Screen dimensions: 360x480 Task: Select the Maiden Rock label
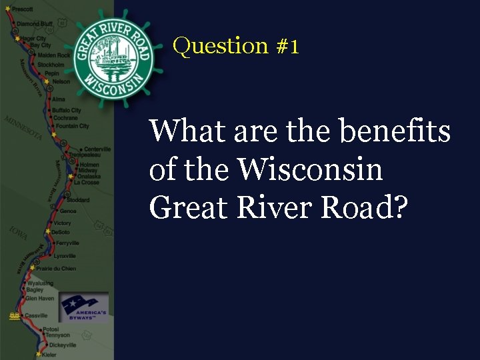tap(54, 55)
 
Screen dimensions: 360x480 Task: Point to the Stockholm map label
tap(51, 65)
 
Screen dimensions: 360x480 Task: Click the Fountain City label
tap(72, 126)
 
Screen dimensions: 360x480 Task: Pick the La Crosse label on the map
tap(86, 182)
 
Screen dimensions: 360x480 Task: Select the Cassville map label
tap(36, 315)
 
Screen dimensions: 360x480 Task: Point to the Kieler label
tap(49, 355)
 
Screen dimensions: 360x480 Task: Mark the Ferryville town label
tap(67, 243)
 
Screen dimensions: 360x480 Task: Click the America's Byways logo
tap(83, 307)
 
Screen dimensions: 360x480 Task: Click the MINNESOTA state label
tap(23, 127)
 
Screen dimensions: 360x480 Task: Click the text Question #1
tap(236, 46)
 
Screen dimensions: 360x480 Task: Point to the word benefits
tap(395, 131)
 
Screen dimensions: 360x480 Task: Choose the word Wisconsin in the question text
tap(310, 169)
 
